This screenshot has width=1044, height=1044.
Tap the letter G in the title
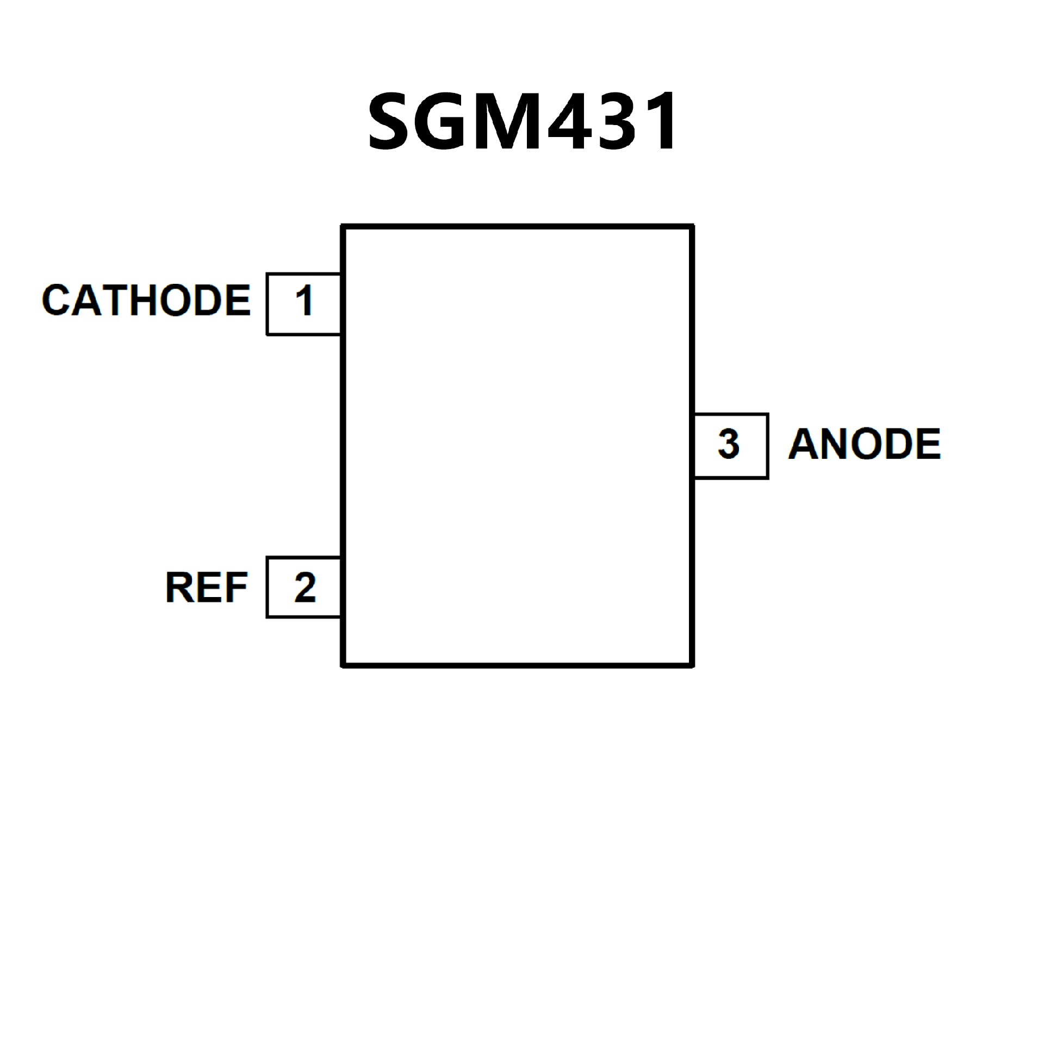tap(447, 121)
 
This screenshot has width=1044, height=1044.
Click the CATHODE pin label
tap(146, 300)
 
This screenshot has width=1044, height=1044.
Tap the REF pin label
tap(206, 587)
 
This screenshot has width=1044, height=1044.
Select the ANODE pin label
tap(864, 444)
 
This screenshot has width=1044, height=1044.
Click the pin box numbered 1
tap(303, 304)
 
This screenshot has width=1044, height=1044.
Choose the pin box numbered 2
tap(303, 587)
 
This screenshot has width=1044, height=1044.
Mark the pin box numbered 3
tap(731, 445)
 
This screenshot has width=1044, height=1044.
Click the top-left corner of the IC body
tap(343, 227)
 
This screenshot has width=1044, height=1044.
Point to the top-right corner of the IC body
tap(692, 227)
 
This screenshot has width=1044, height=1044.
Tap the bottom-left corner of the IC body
tap(343, 665)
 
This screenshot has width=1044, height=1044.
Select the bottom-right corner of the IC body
tap(692, 665)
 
